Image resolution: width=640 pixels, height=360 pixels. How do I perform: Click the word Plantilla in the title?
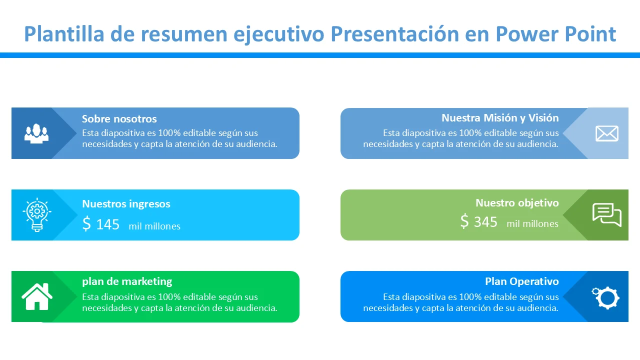point(64,34)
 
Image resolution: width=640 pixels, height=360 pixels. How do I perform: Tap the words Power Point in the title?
point(555,34)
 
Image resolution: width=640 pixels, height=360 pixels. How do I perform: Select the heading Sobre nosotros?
point(119,118)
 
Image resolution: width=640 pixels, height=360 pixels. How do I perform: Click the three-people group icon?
point(36,133)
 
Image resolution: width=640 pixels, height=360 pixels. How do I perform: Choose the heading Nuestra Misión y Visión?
point(500,118)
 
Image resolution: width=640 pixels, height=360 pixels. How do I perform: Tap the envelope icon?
point(607,133)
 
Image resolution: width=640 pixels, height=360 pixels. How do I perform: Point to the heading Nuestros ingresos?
point(126,204)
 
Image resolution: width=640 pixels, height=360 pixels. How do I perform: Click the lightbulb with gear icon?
point(37,214)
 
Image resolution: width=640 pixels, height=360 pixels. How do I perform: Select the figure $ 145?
point(101,224)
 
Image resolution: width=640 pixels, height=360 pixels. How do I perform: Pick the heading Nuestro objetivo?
point(517,203)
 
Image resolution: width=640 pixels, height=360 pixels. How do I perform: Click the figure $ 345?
point(479,221)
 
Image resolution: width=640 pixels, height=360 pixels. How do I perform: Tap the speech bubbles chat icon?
point(607,215)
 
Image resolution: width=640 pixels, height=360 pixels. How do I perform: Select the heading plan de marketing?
point(127,281)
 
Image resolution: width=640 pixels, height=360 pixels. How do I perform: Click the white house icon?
point(37,296)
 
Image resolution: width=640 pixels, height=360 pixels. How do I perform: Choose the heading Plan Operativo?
point(522,281)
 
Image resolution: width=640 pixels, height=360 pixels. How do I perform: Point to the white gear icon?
point(605,297)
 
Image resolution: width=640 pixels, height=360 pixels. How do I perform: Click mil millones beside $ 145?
point(154,226)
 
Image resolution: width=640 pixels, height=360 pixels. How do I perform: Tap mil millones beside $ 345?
point(532,223)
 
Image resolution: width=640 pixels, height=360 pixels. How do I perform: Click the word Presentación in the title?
point(394,34)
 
